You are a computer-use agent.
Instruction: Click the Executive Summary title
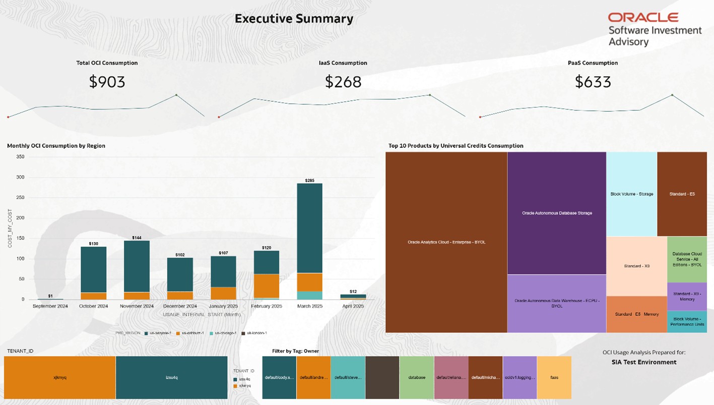(x=294, y=19)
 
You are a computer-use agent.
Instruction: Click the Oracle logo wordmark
(x=643, y=18)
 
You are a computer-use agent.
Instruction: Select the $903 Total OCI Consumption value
(x=107, y=82)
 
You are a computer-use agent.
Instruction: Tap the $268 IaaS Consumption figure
(x=343, y=82)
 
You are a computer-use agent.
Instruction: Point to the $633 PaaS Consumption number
(x=593, y=82)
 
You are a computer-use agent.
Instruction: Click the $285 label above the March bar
(x=309, y=180)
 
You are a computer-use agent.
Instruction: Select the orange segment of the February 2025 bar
(x=266, y=285)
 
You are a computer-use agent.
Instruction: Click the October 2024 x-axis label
(x=93, y=306)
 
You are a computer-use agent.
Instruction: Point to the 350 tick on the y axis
(x=20, y=157)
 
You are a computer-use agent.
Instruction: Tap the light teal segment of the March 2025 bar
(x=309, y=295)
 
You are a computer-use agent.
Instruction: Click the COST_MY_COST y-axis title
(x=10, y=228)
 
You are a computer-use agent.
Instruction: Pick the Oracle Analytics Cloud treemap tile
(x=446, y=242)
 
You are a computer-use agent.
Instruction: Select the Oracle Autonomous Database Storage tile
(x=556, y=213)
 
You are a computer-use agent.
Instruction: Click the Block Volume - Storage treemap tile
(x=631, y=194)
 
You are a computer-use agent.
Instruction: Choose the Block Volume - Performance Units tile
(x=687, y=322)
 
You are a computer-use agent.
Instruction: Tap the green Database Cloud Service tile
(x=687, y=259)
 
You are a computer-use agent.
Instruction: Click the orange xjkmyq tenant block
(x=59, y=377)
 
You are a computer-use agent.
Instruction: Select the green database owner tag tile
(x=417, y=377)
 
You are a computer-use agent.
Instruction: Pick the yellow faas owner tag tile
(x=554, y=377)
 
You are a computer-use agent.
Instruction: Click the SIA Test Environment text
(x=643, y=362)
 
